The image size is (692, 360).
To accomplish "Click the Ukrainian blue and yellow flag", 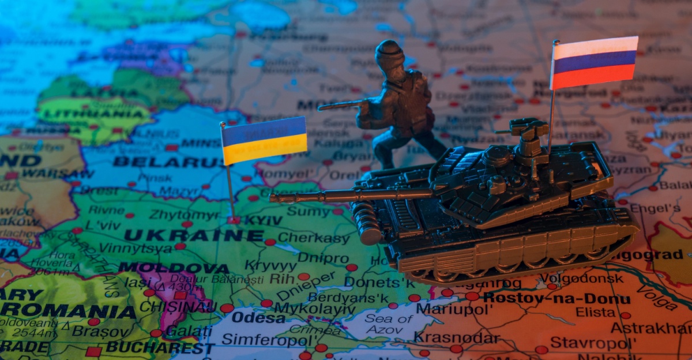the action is pos(265,140).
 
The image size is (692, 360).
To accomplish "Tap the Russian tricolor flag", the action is pos(595,62).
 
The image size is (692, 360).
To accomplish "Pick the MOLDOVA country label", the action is pos(174,268).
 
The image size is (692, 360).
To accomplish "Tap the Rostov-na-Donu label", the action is pos(557,299).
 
